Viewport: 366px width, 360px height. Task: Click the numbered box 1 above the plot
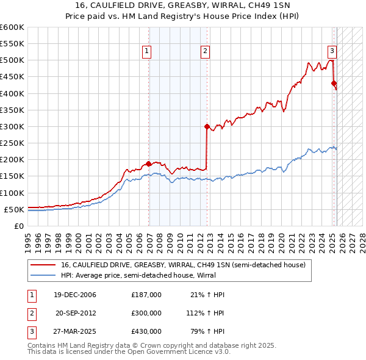point(148,52)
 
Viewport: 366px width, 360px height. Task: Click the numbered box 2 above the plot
point(206,52)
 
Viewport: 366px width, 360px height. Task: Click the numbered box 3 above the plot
point(332,52)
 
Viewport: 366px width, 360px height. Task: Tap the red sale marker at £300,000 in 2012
point(207,127)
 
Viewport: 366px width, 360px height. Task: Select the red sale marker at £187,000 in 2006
point(149,164)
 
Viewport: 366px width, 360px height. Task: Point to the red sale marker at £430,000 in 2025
point(334,84)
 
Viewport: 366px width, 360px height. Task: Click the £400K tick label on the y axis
point(12,93)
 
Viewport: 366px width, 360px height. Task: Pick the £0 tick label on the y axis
point(19,226)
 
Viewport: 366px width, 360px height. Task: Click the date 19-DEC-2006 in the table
point(75,295)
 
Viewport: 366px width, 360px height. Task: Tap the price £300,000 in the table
point(146,313)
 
